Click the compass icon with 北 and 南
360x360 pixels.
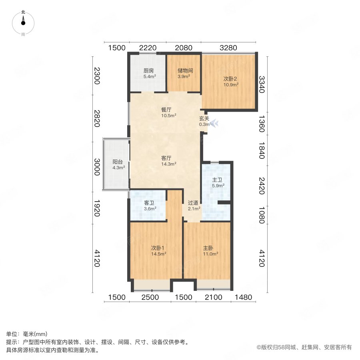pos(23,23)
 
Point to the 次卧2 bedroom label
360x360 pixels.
pos(231,79)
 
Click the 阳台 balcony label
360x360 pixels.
pos(118,162)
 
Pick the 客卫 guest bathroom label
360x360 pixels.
pos(150,202)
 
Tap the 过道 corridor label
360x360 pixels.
pos(193,202)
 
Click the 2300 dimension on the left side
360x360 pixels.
pos(96,76)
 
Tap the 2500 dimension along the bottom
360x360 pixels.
pos(150,298)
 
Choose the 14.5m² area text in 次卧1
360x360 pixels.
pos(159,254)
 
